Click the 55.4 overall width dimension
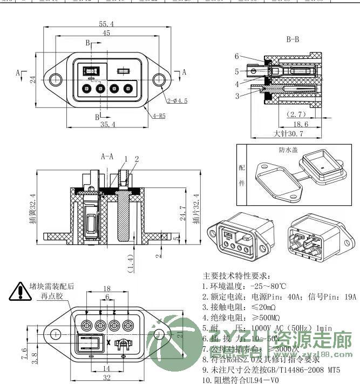click(x=107, y=24)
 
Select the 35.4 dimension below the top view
click(x=107, y=125)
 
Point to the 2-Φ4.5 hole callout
click(x=177, y=100)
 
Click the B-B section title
click(x=292, y=39)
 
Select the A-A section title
click(x=107, y=157)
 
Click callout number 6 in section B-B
click(x=237, y=56)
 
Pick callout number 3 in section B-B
click(x=237, y=96)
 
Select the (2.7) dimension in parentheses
click(x=296, y=114)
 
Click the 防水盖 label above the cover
click(x=288, y=150)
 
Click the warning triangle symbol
click(x=19, y=292)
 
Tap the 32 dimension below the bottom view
click(x=107, y=378)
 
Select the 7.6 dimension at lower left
click(x=24, y=354)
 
